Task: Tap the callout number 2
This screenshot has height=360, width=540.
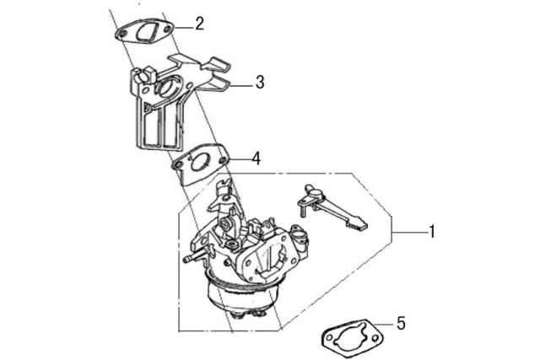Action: coord(199,24)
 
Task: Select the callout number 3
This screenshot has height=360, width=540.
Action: coord(260,83)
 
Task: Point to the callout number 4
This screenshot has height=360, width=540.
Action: coord(256,159)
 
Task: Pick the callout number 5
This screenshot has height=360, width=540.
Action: coord(402,324)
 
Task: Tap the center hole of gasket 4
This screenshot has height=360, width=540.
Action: coord(199,161)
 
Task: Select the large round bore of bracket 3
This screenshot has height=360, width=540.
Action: coord(168,88)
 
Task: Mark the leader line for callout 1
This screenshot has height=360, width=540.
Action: coord(410,233)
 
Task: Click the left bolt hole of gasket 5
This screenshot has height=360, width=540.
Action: coord(328,338)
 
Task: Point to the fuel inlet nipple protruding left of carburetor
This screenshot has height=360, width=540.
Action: coord(192,258)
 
